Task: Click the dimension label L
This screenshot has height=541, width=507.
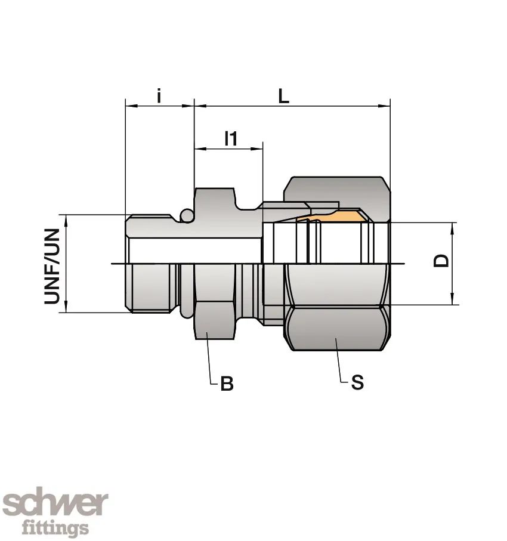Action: (284, 96)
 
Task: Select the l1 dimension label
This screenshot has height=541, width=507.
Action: (231, 138)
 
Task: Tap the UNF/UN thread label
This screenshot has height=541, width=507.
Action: (52, 266)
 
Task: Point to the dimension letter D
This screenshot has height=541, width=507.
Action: (441, 261)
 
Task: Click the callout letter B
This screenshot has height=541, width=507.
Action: (227, 384)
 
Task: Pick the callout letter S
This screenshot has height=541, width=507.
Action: (357, 382)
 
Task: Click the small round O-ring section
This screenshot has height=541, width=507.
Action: (187, 215)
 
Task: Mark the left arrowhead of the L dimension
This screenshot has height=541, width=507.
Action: (200, 107)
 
